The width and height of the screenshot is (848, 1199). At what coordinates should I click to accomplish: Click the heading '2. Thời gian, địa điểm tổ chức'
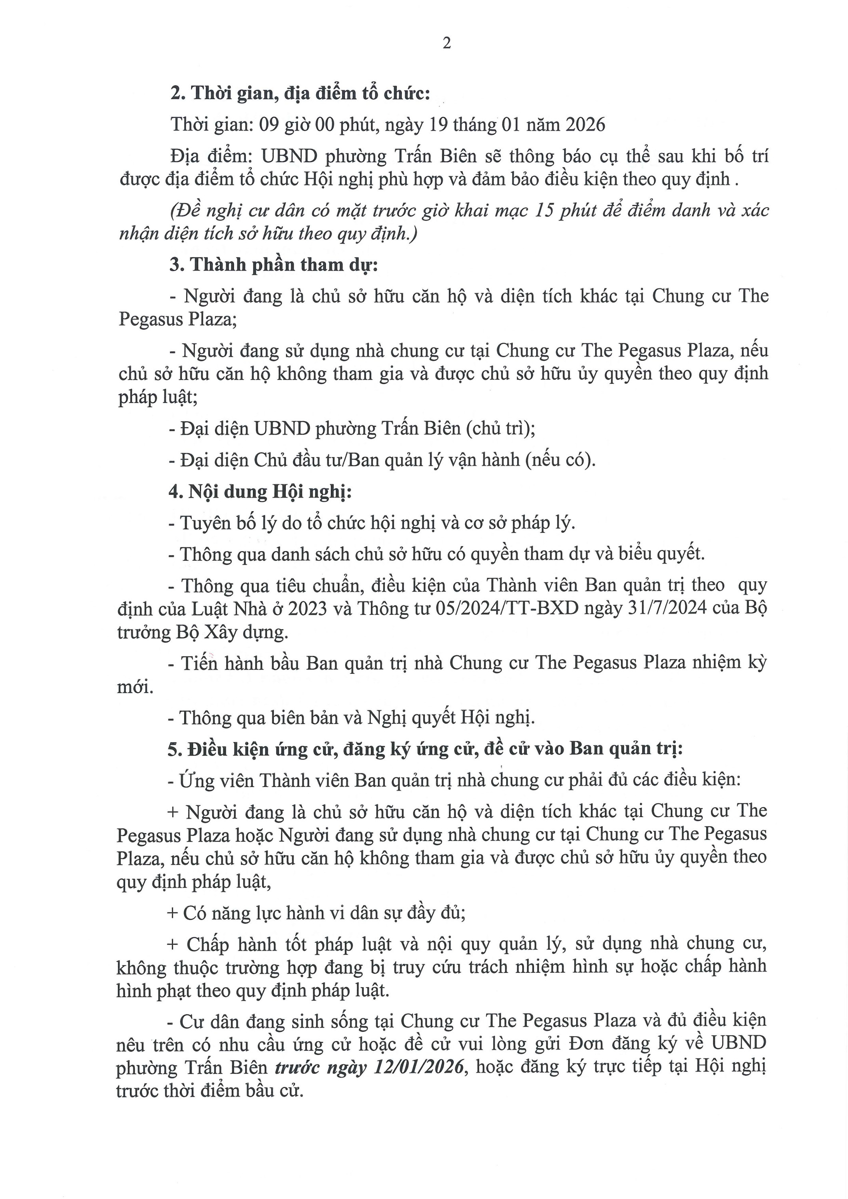300,94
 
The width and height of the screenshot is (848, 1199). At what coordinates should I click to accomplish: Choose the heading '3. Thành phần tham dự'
273,265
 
